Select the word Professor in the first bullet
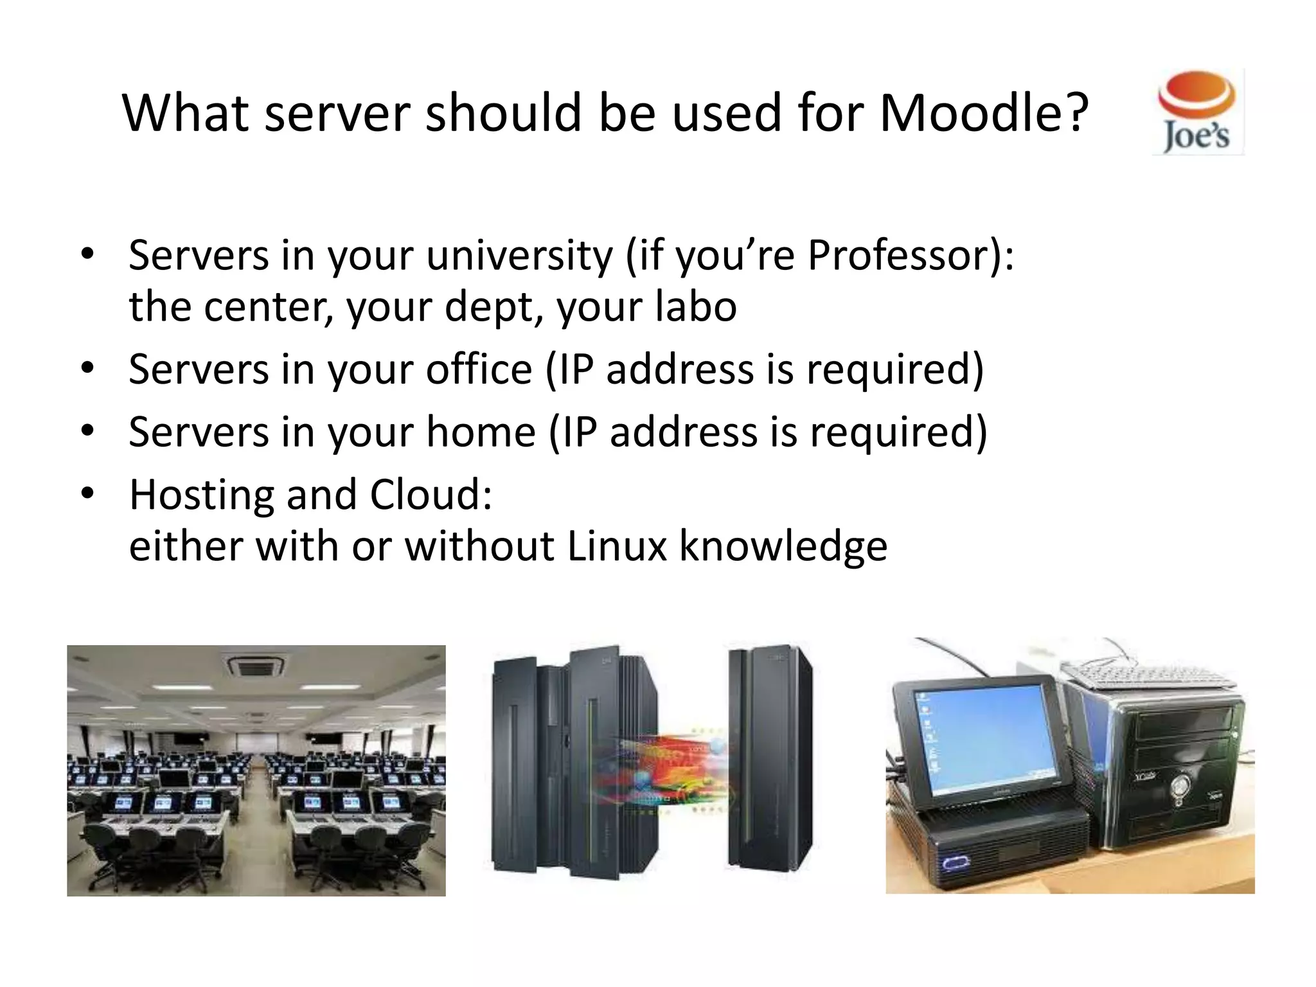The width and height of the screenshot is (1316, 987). coord(900,255)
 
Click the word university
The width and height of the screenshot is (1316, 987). coord(519,255)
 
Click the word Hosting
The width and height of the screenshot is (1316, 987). coord(202,494)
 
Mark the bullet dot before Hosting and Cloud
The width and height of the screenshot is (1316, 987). coord(88,493)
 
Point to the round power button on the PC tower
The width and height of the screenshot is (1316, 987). coord(1180,785)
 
